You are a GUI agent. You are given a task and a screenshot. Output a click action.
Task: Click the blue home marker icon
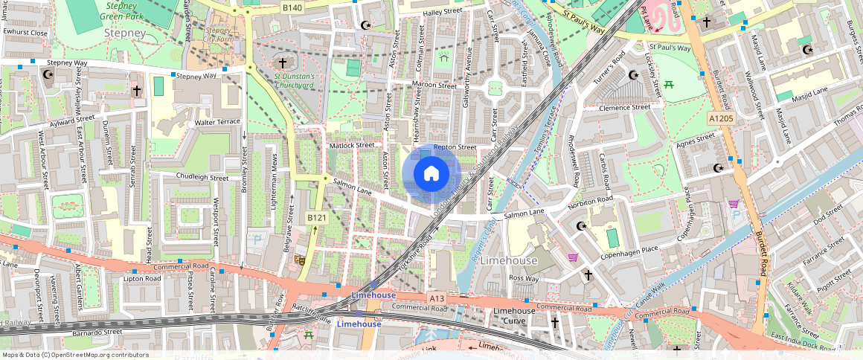tap(431, 174)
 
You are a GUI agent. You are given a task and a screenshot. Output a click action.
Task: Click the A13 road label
tap(437, 298)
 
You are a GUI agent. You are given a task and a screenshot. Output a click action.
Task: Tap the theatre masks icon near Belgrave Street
tap(301, 260)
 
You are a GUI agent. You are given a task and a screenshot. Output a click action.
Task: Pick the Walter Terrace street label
tap(217, 122)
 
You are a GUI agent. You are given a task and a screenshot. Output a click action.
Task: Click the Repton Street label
tap(454, 147)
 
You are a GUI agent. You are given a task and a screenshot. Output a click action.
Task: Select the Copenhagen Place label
tap(629, 249)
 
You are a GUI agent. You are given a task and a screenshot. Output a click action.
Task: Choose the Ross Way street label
tap(524, 278)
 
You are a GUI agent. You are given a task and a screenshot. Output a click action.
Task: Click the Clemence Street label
tap(624, 107)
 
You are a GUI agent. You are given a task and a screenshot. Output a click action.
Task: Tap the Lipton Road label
tap(141, 279)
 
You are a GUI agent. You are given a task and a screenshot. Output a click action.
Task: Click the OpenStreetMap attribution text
tap(74, 355)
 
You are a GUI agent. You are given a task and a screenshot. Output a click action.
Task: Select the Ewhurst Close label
tap(25, 33)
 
